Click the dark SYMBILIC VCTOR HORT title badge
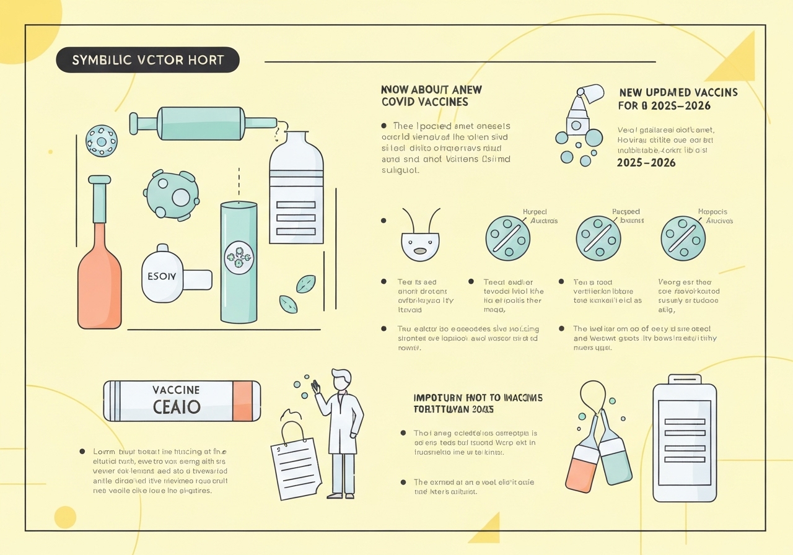(x=147, y=60)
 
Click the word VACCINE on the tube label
(x=176, y=390)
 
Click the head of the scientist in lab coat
(x=341, y=379)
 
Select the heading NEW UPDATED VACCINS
(x=678, y=92)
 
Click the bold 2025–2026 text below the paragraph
(x=646, y=163)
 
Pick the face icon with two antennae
(x=420, y=242)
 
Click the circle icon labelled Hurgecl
(x=508, y=238)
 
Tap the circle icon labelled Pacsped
(x=598, y=238)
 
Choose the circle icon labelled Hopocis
(x=683, y=238)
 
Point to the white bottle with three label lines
(x=296, y=192)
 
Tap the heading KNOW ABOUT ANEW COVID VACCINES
(x=431, y=95)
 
